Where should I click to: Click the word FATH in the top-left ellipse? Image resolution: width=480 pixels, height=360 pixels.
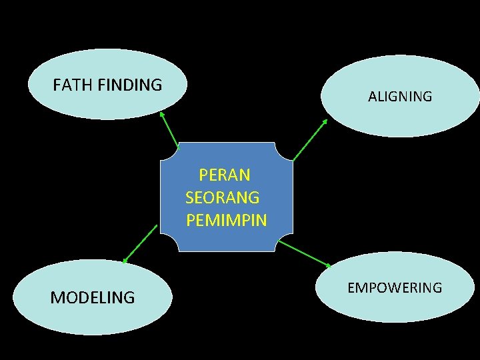coord(73,85)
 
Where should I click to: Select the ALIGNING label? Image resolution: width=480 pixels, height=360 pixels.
coord(400,97)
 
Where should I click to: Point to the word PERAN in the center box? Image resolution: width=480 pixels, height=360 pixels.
coord(225,175)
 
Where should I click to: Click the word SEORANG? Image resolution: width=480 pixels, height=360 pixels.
coord(223,198)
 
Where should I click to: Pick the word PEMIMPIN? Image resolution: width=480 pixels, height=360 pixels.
coord(227,220)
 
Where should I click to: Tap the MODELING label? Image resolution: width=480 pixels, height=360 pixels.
coord(93,297)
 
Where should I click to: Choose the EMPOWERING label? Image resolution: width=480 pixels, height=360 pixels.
coord(395,288)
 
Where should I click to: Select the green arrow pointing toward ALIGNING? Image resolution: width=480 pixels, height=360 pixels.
coord(310,139)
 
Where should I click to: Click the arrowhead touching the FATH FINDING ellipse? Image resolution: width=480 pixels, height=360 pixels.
coord(162,114)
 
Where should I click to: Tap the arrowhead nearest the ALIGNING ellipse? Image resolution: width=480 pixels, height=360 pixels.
coord(325,122)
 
